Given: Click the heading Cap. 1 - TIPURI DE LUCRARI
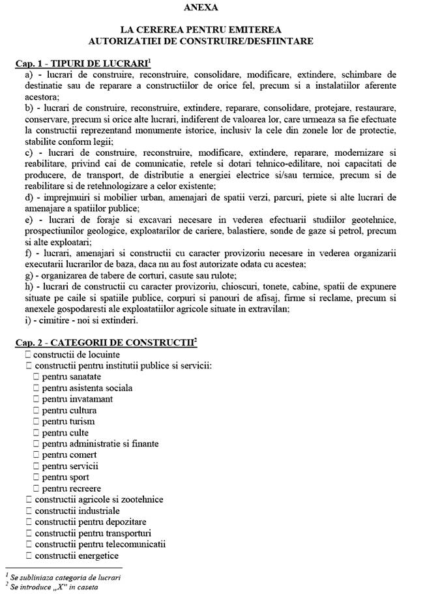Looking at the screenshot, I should [82, 65].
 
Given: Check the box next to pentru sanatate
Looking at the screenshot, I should [36, 377].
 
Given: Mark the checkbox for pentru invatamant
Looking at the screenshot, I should [36, 399].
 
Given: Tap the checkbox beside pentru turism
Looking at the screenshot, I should [36, 421].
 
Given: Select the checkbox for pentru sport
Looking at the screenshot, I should [36, 477].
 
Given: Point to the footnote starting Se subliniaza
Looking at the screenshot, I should [65, 577].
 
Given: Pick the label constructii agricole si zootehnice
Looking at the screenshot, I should [99, 499].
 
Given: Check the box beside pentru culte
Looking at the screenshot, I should [36, 432].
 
